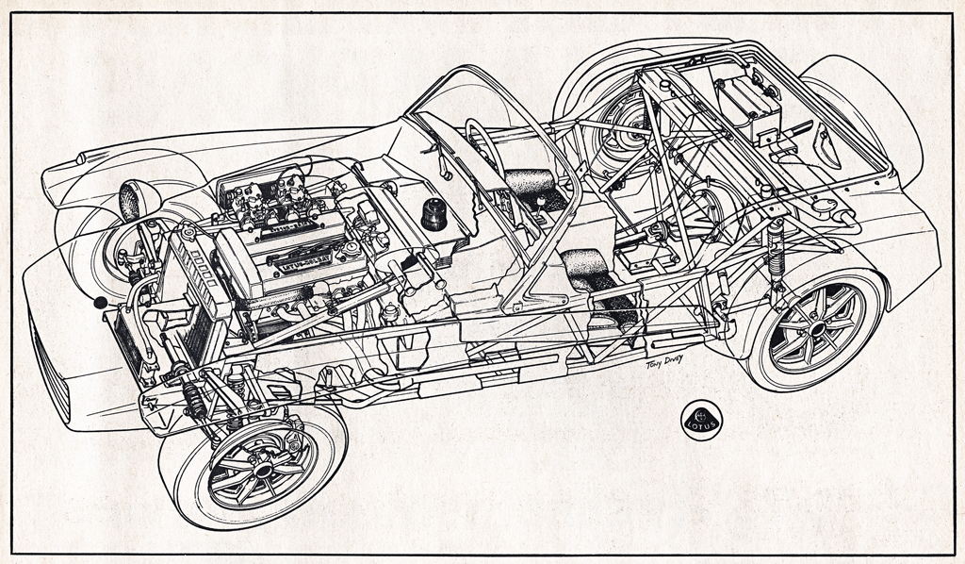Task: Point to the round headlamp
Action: [x=132, y=201]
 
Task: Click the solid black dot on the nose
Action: [x=101, y=303]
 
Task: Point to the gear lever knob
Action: [x=540, y=201]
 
